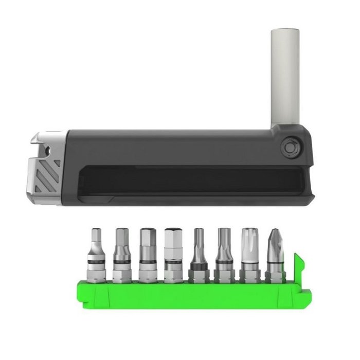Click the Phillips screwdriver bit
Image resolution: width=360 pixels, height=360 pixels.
[x=275, y=252]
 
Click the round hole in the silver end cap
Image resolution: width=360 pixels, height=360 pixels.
[x=47, y=150]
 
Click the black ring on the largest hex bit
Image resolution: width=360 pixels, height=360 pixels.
[x=173, y=262]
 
